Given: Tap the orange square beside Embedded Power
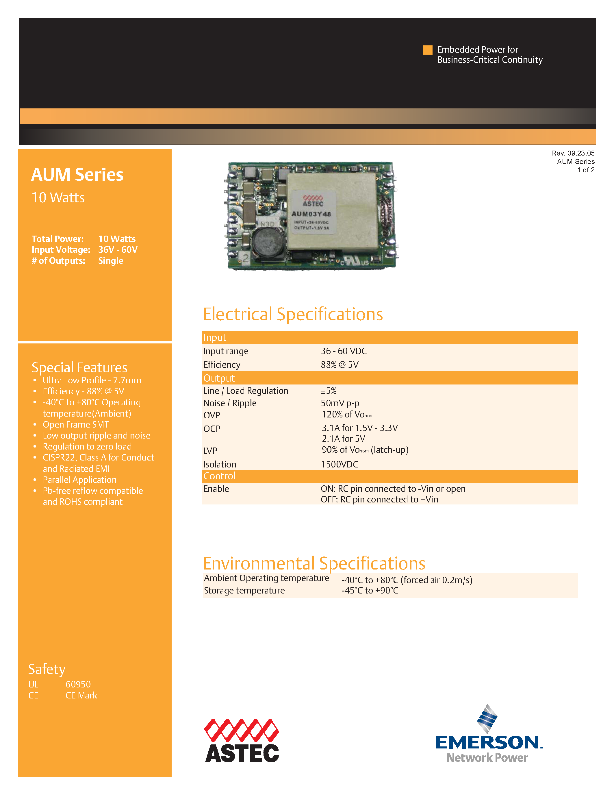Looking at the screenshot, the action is tap(427, 50).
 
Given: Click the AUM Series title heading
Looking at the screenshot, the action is tap(77, 175).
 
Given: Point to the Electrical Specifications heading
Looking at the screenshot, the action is tap(292, 314).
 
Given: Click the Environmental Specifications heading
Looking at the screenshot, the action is tap(314, 563).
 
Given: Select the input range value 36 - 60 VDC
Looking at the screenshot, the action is tap(343, 351).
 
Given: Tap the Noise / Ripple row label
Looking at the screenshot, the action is tap(230, 403).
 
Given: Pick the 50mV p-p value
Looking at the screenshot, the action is tap(340, 403).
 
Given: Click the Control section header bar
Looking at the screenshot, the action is tap(389, 476).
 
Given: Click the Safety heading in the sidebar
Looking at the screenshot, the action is tap(47, 669).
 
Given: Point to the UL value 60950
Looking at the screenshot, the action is tap(78, 684).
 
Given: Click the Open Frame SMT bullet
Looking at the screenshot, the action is tap(76, 424).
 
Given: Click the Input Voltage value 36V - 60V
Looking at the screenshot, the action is tap(118, 250).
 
